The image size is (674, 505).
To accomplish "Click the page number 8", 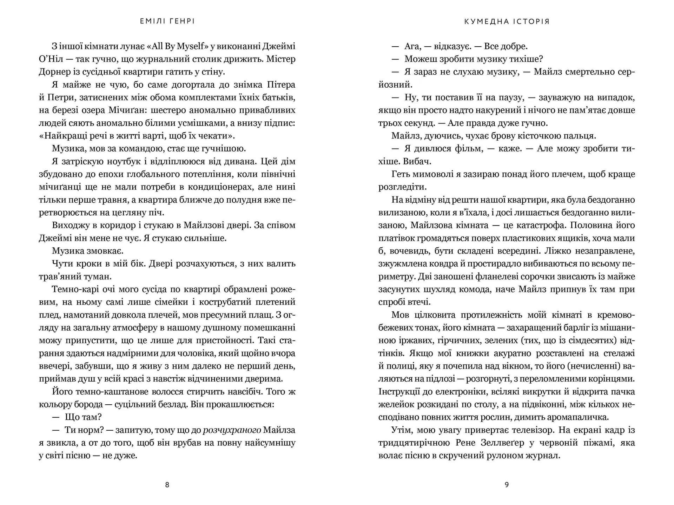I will tap(167, 485).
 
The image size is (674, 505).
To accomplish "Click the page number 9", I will tap(507, 485).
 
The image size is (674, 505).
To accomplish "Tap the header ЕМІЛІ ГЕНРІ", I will tap(167, 21).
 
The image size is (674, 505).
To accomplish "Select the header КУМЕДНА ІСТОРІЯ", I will tap(507, 21).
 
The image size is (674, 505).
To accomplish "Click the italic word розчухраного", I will tap(232, 430).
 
